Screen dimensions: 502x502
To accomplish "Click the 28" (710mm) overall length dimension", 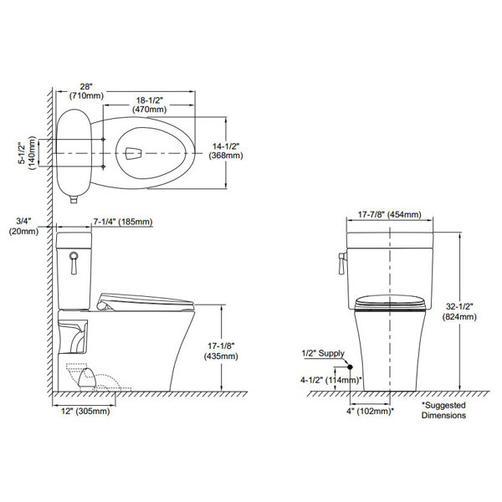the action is [x=87, y=91].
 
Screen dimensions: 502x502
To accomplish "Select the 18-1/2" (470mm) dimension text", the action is [x=150, y=105].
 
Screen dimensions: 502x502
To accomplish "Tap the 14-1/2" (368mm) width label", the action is [x=226, y=151].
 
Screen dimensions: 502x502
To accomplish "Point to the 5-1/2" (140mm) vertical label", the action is [x=27, y=153].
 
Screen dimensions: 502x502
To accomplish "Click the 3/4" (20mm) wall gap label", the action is [x=23, y=226].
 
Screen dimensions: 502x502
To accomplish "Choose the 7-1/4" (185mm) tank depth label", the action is [x=123, y=222].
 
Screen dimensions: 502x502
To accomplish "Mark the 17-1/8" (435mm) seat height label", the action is [x=221, y=351].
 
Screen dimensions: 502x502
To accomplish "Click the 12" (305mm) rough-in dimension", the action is [x=85, y=411].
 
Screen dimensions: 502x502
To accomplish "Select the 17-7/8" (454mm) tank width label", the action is [x=389, y=214].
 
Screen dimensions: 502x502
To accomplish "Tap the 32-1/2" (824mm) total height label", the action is [x=459, y=311].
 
